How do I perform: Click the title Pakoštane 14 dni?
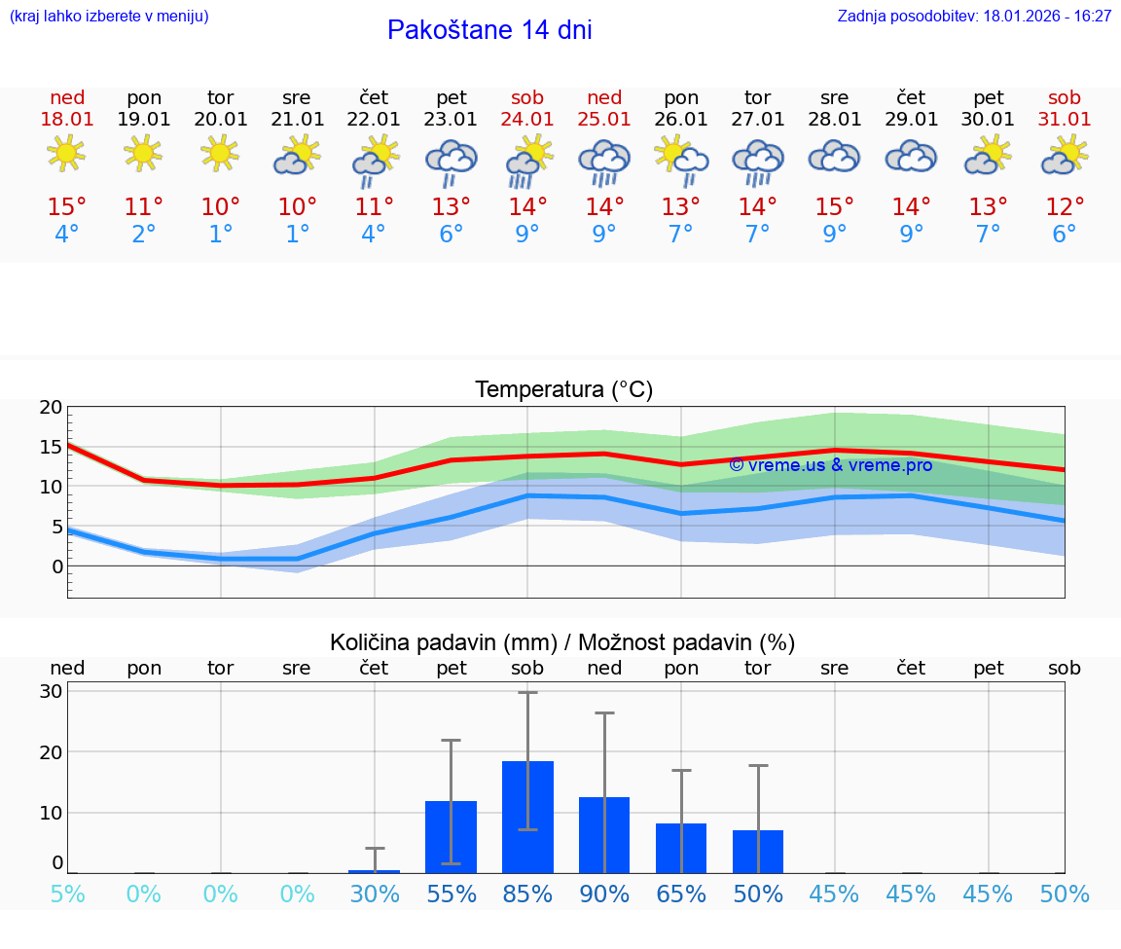[x=489, y=30]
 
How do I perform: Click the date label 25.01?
[x=604, y=120]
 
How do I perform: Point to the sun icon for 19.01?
[x=143, y=153]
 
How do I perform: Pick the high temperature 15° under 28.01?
[x=834, y=206]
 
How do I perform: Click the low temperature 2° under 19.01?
[x=143, y=235]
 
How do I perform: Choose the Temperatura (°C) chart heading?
[x=563, y=390]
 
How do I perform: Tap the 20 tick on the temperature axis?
[x=52, y=408]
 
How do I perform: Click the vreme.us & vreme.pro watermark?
[x=830, y=465]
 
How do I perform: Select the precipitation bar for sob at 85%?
[x=527, y=817]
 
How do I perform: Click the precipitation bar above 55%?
[x=451, y=836]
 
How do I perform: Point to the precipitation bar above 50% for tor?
[x=758, y=851]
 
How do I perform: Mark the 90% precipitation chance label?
[x=604, y=894]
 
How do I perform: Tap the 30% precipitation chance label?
[x=375, y=894]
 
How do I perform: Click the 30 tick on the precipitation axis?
[x=52, y=691]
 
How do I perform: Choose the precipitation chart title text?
[x=562, y=642]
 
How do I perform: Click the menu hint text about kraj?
[x=109, y=17]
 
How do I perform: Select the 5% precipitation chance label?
[x=67, y=894]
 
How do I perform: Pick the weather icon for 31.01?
[x=1064, y=155]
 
